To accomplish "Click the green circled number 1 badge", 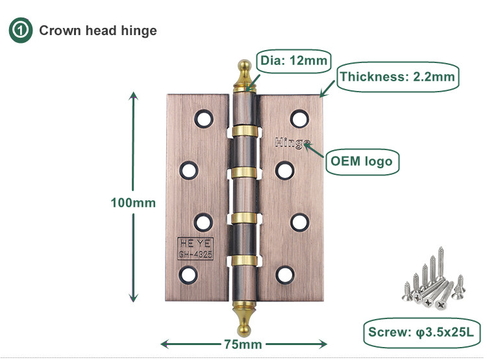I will [19, 30].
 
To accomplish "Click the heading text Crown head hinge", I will [98, 31].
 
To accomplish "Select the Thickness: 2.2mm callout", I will [397, 77].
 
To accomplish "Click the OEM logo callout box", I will [362, 161].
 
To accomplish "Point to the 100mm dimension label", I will [133, 202].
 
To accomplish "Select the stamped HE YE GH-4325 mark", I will [195, 248].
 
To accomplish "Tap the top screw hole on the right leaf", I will [299, 118].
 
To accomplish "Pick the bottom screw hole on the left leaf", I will [188, 273].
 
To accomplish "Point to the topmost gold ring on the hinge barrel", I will [244, 130].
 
